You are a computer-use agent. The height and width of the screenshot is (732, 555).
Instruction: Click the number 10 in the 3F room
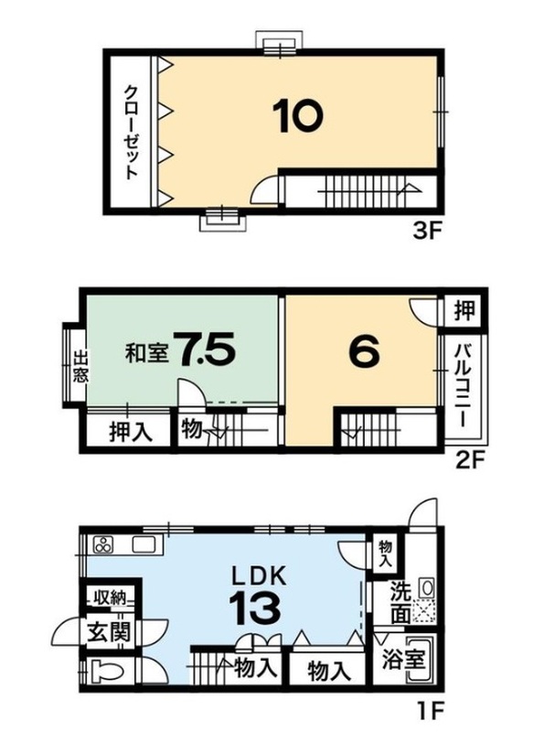(x=298, y=116)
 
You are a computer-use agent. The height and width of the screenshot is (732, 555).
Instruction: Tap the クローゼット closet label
(x=131, y=132)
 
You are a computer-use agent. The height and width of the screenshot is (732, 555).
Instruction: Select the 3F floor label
(x=427, y=231)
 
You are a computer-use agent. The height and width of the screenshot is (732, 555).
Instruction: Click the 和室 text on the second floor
(x=146, y=354)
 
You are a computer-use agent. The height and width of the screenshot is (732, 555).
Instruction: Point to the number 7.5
(x=203, y=350)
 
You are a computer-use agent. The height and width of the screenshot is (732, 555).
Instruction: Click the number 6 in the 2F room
(x=364, y=352)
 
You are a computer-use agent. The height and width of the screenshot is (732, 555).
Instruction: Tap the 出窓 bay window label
(x=80, y=367)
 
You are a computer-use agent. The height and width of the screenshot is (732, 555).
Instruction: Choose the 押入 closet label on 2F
(x=131, y=432)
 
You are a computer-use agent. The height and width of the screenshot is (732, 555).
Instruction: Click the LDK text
(x=259, y=577)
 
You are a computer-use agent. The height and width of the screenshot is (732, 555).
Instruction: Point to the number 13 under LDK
(x=255, y=608)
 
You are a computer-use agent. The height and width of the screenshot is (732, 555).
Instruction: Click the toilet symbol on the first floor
(x=105, y=673)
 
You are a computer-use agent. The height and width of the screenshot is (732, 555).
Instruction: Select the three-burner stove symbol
(x=103, y=544)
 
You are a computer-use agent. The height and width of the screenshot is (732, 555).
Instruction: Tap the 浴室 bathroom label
(x=403, y=660)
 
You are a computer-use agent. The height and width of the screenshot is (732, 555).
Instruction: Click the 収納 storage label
(x=111, y=597)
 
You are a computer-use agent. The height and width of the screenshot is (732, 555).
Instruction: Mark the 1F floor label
(x=428, y=713)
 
